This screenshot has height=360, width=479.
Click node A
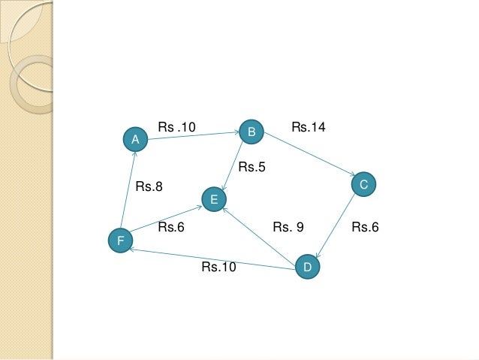(134, 139)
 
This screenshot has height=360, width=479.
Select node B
(252, 132)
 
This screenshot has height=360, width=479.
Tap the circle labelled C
(363, 184)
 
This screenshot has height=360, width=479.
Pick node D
(307, 268)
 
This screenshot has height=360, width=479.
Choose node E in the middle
(214, 199)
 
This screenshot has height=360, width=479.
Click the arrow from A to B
(193, 136)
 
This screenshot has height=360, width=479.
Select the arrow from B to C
(307, 158)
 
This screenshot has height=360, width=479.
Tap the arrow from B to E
(233, 165)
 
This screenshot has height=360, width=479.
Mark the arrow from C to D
(336, 225)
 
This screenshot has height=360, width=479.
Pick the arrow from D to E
(259, 232)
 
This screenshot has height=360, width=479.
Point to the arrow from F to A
(127, 190)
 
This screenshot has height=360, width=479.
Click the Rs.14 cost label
(308, 129)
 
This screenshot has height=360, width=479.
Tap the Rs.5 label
(252, 168)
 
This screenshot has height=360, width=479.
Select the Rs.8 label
(149, 187)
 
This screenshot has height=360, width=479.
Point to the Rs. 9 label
(288, 227)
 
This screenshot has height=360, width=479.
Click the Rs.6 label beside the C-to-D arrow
(365, 227)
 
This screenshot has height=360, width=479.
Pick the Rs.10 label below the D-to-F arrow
(218, 267)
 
